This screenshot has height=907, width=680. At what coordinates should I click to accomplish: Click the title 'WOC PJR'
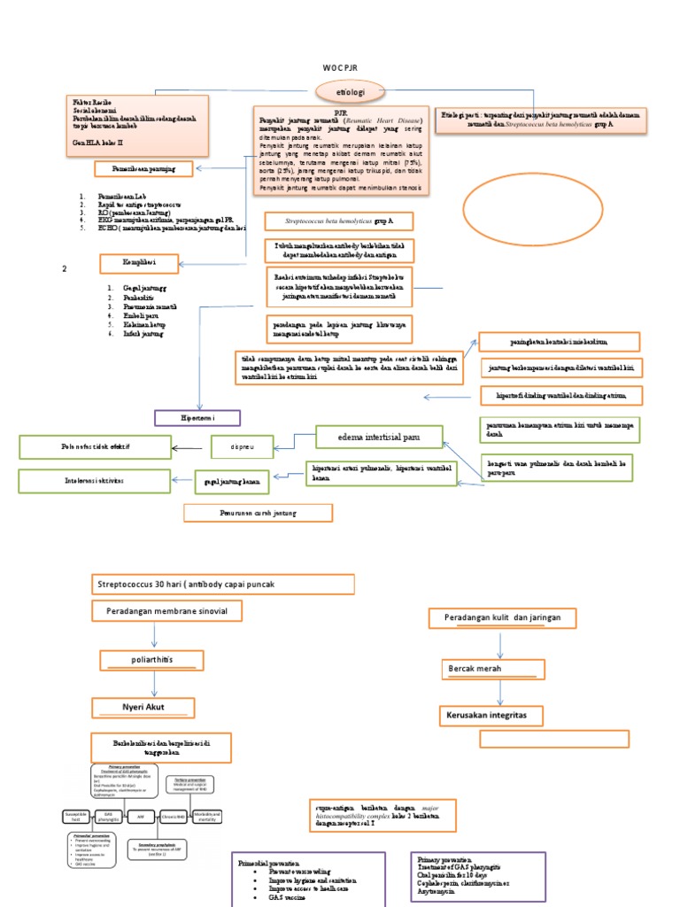[x=340, y=68]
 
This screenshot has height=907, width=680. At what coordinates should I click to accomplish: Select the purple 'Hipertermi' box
[x=198, y=416]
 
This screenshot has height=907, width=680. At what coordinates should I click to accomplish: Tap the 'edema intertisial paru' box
[x=379, y=437]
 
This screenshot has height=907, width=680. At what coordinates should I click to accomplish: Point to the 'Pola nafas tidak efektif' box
[x=89, y=446]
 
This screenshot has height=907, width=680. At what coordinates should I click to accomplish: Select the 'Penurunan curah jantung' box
[x=258, y=513]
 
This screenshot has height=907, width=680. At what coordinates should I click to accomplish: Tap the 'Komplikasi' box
[x=143, y=263]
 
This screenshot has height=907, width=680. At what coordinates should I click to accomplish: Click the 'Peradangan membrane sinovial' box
[x=166, y=610]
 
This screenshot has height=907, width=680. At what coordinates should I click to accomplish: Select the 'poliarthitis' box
[x=149, y=661]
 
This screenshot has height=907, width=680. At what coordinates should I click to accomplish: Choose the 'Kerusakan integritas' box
[x=491, y=714]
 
